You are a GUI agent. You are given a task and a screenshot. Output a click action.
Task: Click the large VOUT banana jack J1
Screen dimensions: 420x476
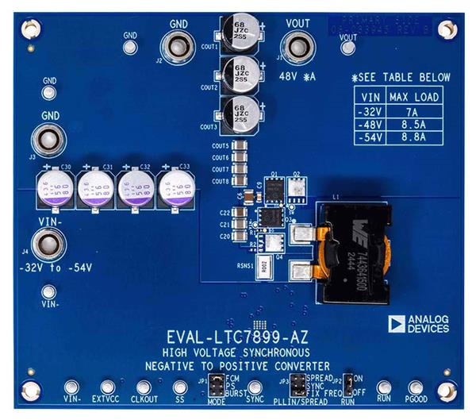[x=298, y=47]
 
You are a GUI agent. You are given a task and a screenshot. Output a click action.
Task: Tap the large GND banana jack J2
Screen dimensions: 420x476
[x=178, y=45]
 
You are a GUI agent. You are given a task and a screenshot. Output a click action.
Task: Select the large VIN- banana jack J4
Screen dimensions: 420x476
[x=47, y=245]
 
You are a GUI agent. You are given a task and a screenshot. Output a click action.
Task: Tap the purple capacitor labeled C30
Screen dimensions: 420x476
[x=52, y=189]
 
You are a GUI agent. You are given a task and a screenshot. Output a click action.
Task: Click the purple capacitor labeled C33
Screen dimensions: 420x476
[x=175, y=189]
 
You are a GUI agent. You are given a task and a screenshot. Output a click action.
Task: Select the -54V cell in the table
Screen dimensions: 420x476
[x=372, y=137]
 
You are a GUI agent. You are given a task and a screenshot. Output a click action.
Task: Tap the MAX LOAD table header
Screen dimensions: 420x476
[x=413, y=98]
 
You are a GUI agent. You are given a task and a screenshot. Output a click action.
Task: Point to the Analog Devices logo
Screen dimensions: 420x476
[x=418, y=322]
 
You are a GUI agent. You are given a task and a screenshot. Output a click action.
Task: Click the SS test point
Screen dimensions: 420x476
[x=179, y=387]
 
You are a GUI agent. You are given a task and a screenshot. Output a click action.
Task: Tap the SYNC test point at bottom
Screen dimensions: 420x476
[x=255, y=387]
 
